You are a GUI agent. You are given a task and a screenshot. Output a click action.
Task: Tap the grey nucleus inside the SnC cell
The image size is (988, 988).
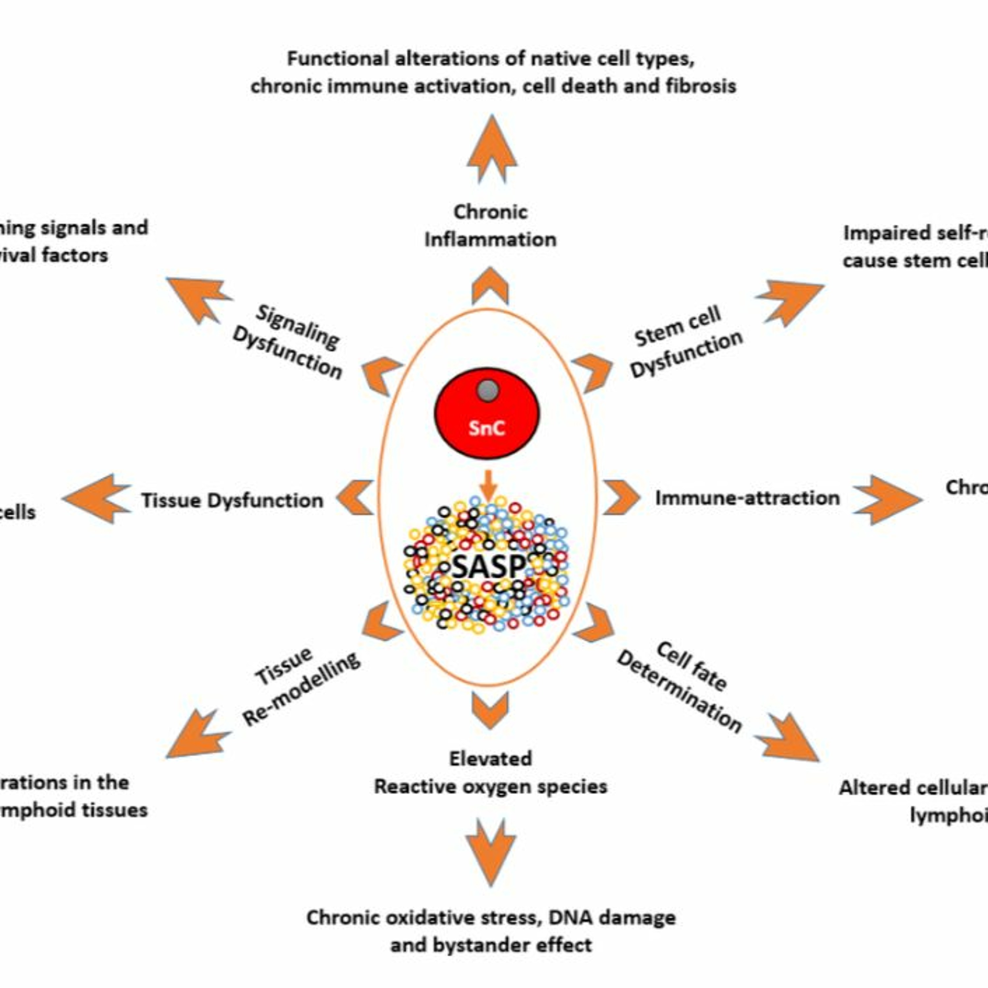pos(488,391)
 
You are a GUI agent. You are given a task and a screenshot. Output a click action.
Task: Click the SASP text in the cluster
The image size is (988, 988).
pos(489,566)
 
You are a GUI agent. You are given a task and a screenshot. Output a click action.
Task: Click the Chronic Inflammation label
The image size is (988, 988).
pos(490,226)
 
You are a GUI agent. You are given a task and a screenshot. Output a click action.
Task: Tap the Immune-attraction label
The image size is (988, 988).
pos(747,498)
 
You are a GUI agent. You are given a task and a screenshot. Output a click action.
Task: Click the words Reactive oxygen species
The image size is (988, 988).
pos(490,786)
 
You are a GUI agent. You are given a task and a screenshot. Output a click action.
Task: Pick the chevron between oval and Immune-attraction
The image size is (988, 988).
pos(621,497)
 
